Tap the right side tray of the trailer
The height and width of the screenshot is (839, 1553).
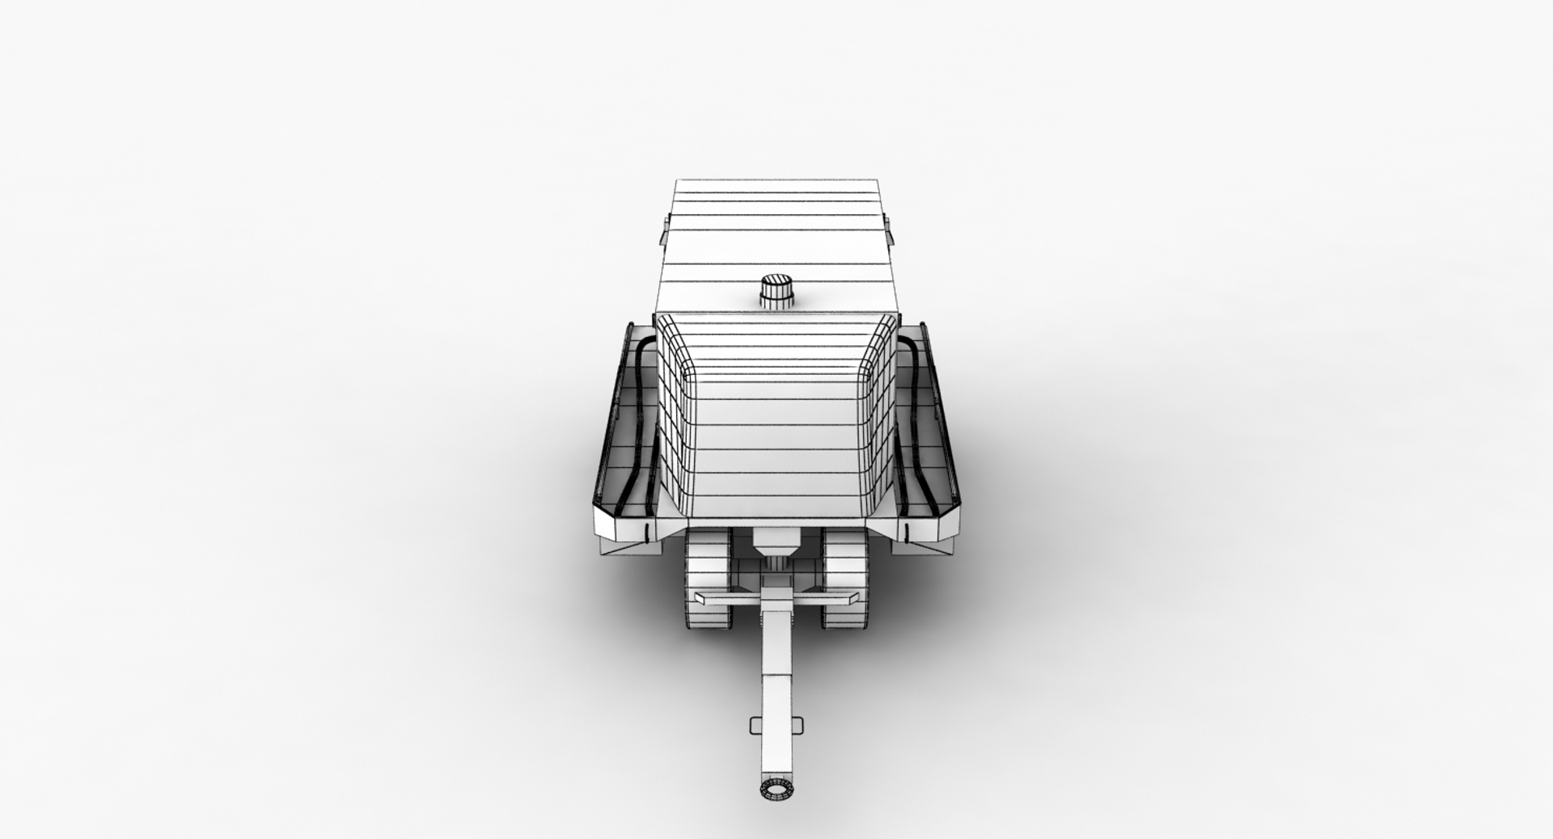click(929, 436)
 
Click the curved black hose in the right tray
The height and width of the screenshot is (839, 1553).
click(917, 420)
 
